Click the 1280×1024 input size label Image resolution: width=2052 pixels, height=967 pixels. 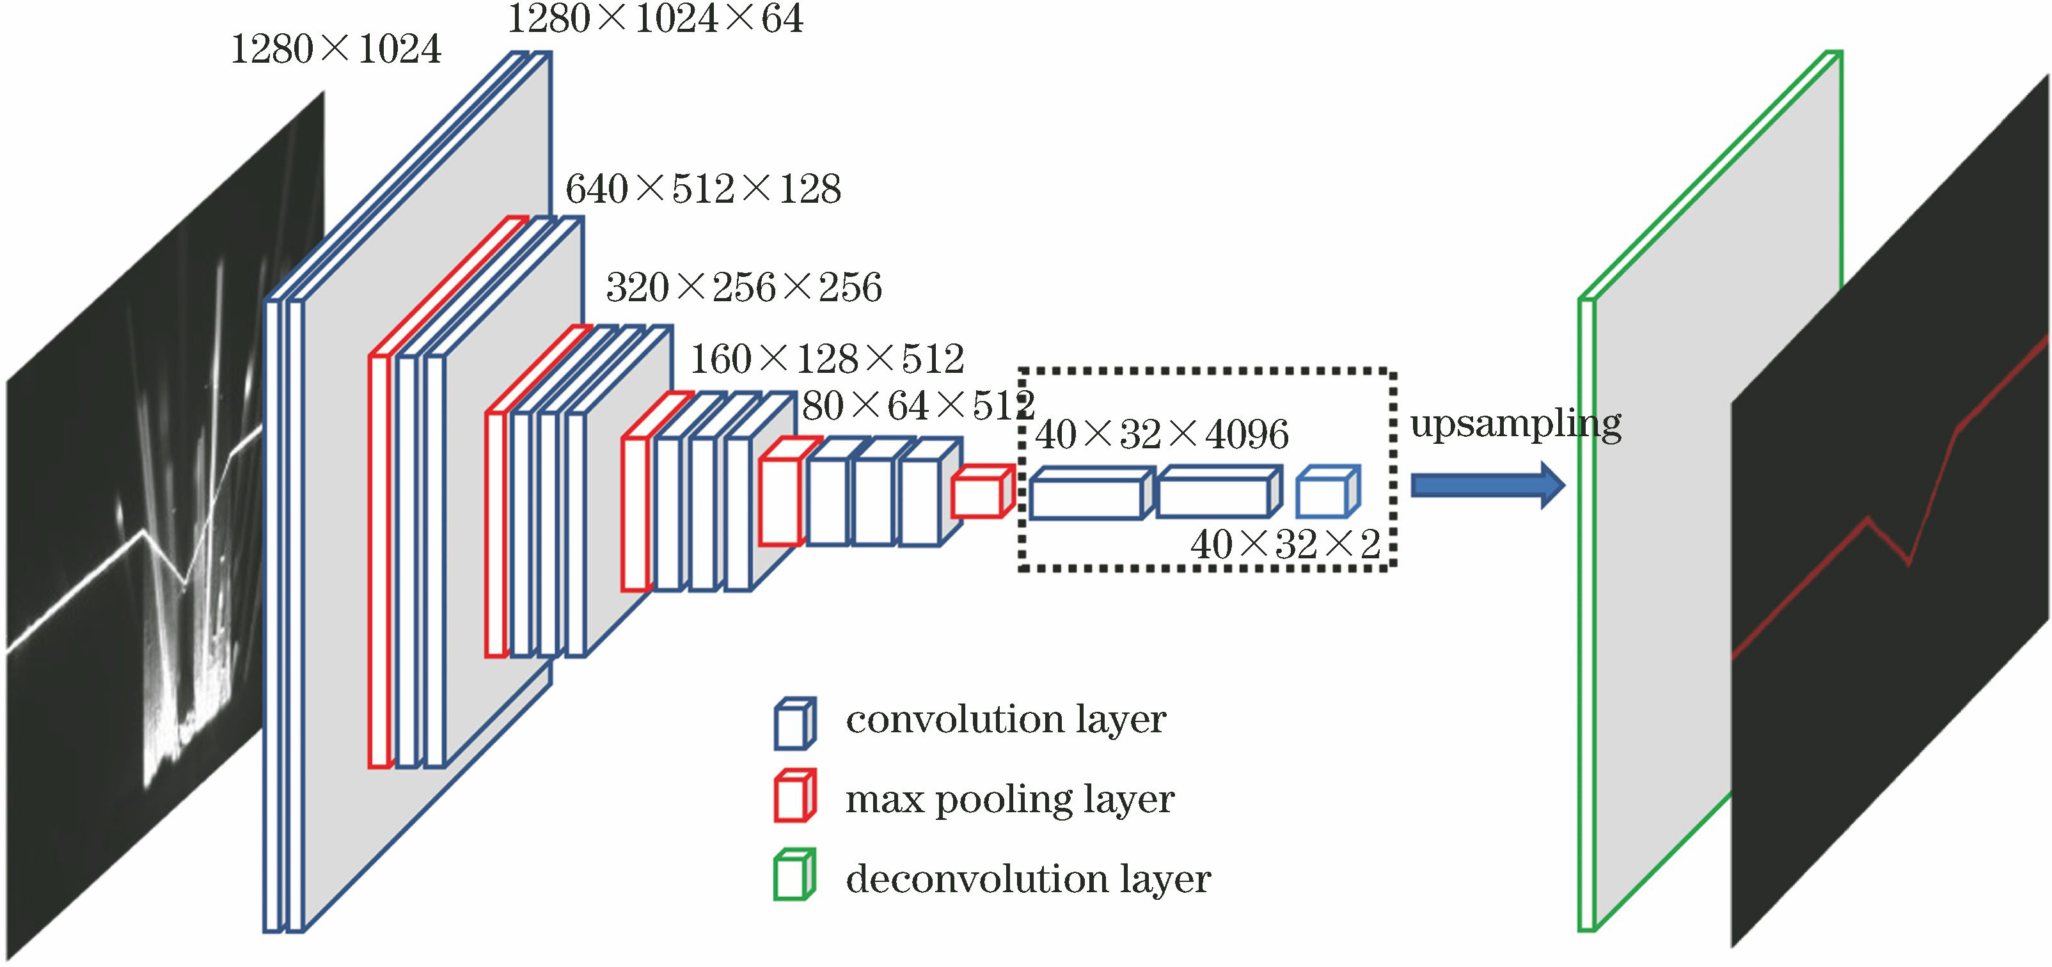point(335,50)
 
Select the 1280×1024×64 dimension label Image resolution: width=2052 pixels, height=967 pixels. point(655,19)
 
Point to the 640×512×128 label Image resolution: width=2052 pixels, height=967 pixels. point(702,189)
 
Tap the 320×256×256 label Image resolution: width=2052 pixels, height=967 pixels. point(744,288)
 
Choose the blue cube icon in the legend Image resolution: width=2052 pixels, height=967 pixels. point(794,723)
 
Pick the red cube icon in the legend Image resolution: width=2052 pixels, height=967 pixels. point(794,795)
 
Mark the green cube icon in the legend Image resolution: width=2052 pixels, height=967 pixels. point(794,875)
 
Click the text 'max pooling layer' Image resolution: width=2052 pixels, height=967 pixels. point(1009,799)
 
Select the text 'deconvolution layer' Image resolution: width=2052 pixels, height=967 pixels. point(1027,879)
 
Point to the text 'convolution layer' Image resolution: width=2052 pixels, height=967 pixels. point(1006,719)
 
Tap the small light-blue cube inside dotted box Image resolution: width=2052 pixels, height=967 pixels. point(1326,493)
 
